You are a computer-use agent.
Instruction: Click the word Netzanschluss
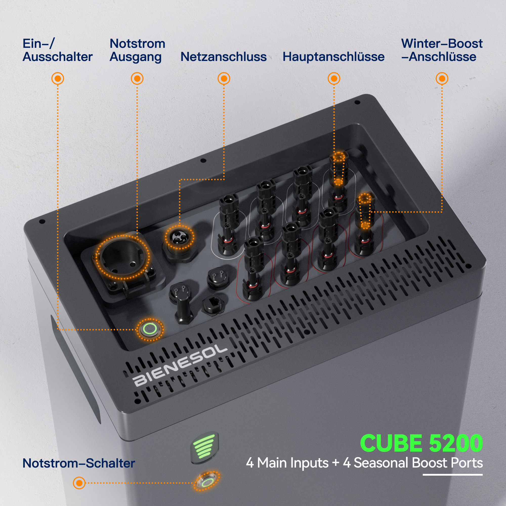tap(223, 57)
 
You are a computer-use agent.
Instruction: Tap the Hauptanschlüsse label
tap(333, 57)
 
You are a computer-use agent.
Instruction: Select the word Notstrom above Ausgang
tap(137, 44)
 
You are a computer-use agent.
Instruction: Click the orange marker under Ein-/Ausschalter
tap(58, 78)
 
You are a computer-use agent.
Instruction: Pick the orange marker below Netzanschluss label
tap(224, 78)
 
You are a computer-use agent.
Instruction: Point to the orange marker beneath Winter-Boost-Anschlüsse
tap(441, 78)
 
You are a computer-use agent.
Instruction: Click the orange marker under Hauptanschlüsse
tap(334, 78)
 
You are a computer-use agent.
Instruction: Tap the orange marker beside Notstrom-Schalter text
tap(79, 483)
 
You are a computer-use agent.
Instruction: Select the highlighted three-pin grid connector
tap(180, 237)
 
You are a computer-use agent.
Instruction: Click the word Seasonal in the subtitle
tap(381, 463)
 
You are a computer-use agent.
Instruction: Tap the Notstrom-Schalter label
tap(79, 463)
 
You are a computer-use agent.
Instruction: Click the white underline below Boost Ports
tap(452, 474)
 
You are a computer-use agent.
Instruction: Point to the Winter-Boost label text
tap(441, 44)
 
